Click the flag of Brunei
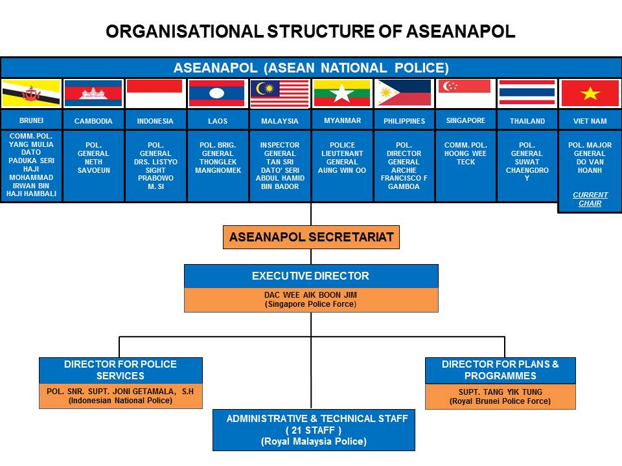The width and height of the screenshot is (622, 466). (31, 93)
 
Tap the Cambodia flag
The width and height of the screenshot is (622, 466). (93, 93)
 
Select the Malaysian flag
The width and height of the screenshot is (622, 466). (280, 93)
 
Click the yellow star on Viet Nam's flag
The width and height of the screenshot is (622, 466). (590, 93)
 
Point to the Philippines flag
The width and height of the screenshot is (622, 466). (404, 93)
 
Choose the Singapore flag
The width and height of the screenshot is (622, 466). (465, 93)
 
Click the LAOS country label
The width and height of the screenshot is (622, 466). (218, 121)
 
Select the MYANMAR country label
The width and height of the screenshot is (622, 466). (342, 120)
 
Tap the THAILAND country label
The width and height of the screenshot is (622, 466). (527, 121)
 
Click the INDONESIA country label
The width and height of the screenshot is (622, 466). (155, 121)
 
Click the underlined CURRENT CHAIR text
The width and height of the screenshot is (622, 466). (590, 199)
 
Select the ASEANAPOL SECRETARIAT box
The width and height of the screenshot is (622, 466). (311, 238)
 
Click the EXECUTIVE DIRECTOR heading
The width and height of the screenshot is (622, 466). (311, 276)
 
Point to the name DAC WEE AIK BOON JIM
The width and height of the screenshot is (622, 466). (311, 294)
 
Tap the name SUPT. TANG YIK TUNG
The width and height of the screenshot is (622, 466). (500, 392)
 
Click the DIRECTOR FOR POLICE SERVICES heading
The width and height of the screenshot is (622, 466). (121, 370)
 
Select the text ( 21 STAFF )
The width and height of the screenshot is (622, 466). (314, 430)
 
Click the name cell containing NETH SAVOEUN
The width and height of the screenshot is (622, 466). (93, 158)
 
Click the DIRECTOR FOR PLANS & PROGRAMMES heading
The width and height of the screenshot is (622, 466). (500, 370)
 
